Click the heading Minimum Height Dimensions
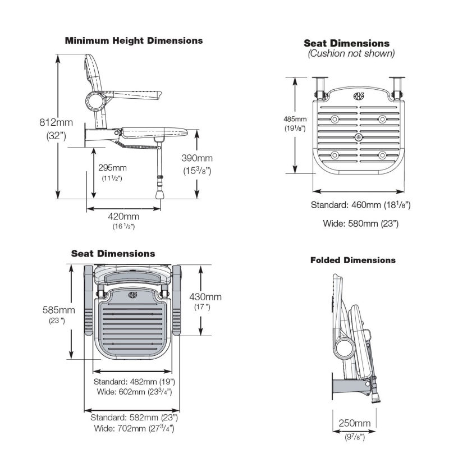click(x=134, y=41)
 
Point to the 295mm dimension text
click(x=112, y=167)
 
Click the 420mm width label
click(x=123, y=217)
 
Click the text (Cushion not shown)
click(x=351, y=54)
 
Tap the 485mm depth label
click(x=295, y=119)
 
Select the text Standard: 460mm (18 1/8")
click(x=361, y=205)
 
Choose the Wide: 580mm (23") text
click(x=361, y=223)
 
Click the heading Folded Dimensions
click(x=353, y=260)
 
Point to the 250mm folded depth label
click(x=355, y=423)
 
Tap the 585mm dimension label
click(x=58, y=310)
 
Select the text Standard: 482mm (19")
click(x=132, y=382)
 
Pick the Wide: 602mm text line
click(x=132, y=392)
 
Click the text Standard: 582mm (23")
click(x=134, y=418)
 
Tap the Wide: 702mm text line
click(x=134, y=429)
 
